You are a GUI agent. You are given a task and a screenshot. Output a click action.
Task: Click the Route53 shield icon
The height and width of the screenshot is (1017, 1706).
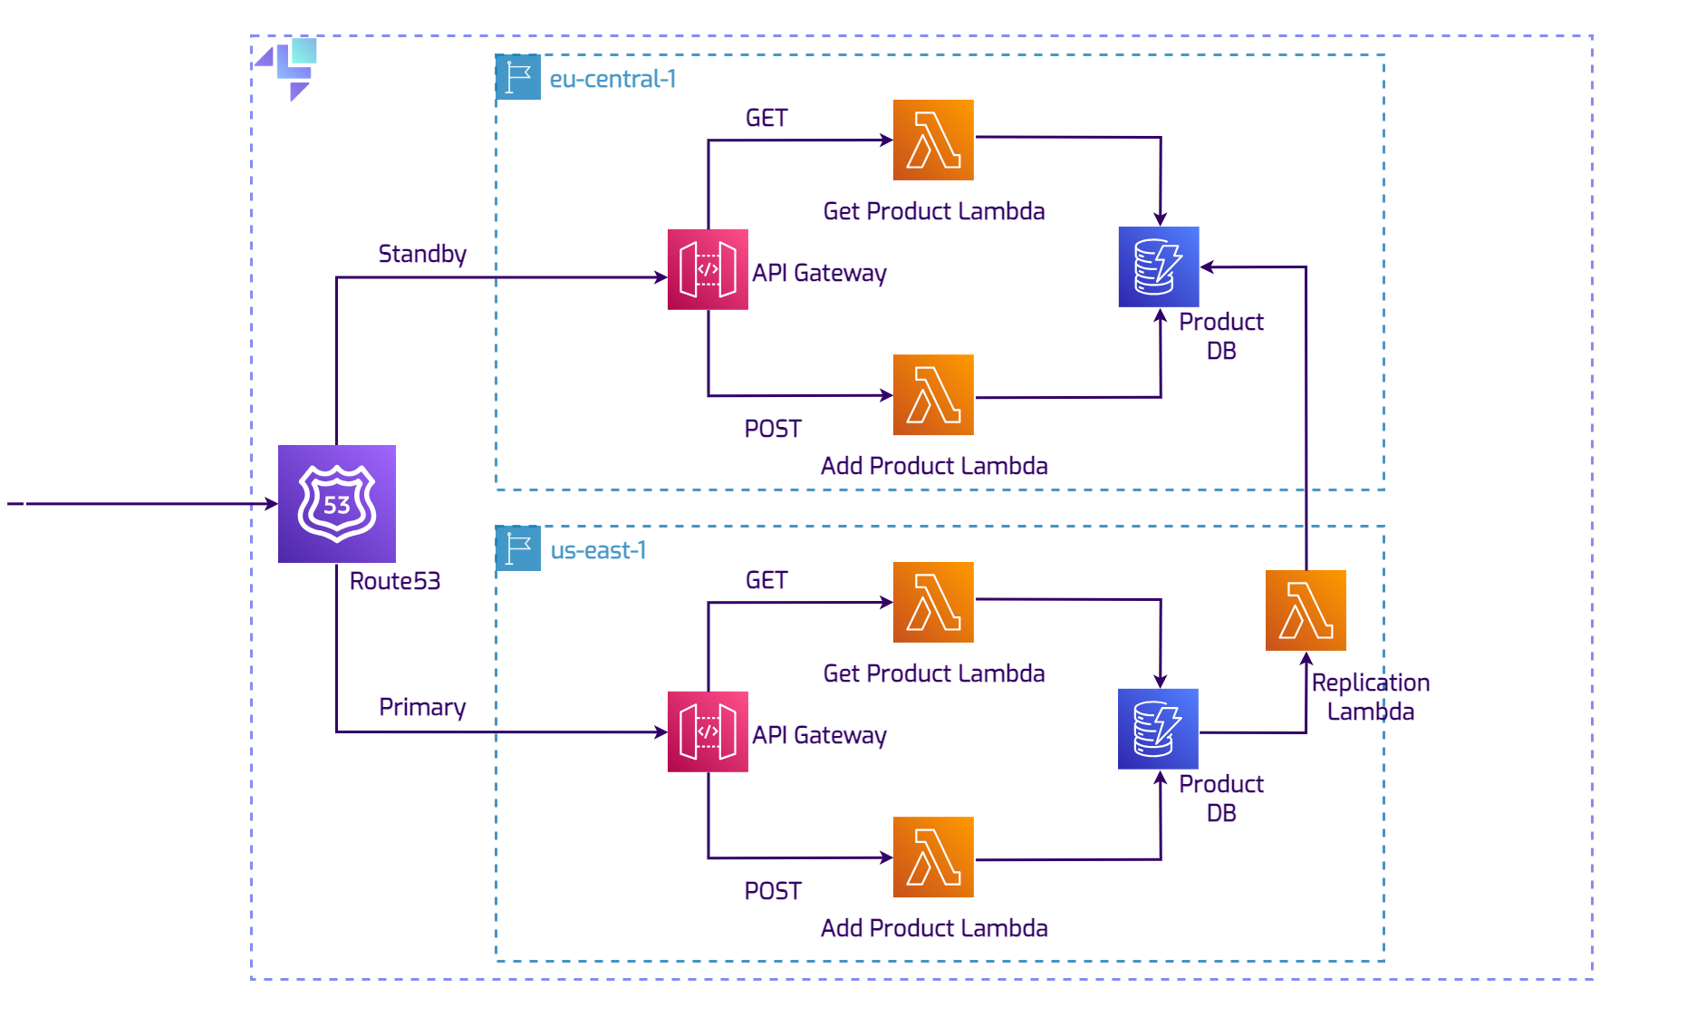click(336, 503)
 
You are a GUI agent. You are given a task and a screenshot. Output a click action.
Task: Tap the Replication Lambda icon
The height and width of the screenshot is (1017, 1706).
click(1305, 610)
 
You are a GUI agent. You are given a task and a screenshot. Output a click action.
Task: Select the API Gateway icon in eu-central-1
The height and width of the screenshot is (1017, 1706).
click(708, 269)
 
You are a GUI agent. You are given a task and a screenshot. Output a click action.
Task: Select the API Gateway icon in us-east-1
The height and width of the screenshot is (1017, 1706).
click(708, 731)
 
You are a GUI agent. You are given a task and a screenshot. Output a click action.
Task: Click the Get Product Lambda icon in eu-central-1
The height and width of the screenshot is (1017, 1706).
click(933, 140)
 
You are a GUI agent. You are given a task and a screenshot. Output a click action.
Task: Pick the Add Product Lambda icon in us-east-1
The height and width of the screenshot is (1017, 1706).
click(933, 857)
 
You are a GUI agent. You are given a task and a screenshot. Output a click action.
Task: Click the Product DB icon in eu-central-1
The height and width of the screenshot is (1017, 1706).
click(1158, 266)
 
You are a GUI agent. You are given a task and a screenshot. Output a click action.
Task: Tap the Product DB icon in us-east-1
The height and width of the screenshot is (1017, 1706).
click(1158, 729)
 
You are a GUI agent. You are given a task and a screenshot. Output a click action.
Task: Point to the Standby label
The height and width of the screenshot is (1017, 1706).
click(422, 254)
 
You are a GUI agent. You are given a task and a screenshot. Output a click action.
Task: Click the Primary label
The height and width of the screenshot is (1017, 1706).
click(422, 707)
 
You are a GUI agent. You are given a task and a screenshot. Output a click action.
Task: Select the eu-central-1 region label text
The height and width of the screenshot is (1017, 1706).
click(612, 79)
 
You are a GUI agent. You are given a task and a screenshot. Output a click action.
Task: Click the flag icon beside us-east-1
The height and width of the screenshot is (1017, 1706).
click(518, 548)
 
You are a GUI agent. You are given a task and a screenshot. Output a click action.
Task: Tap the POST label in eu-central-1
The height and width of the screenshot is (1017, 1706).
click(773, 429)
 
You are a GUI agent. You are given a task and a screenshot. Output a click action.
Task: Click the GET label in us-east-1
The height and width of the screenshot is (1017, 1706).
click(766, 580)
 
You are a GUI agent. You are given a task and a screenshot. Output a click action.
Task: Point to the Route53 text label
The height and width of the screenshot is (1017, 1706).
click(395, 581)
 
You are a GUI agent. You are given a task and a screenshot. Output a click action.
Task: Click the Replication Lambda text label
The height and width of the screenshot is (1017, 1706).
click(1370, 696)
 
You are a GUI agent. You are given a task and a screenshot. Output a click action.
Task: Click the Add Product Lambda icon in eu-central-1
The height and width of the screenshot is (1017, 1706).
click(933, 394)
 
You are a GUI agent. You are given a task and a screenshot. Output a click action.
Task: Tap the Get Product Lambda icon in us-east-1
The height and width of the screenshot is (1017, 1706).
click(933, 602)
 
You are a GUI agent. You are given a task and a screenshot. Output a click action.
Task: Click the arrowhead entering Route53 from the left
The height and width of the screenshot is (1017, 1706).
click(271, 503)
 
